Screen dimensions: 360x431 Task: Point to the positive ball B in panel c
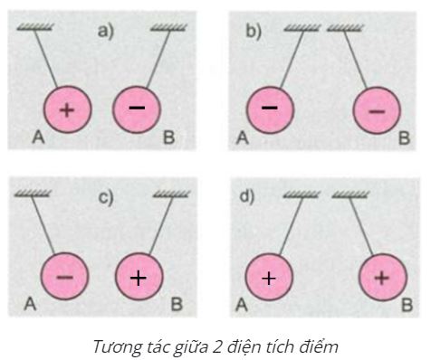[138, 277]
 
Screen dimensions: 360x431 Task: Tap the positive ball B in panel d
[381, 277]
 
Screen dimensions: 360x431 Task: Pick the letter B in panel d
[404, 306]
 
